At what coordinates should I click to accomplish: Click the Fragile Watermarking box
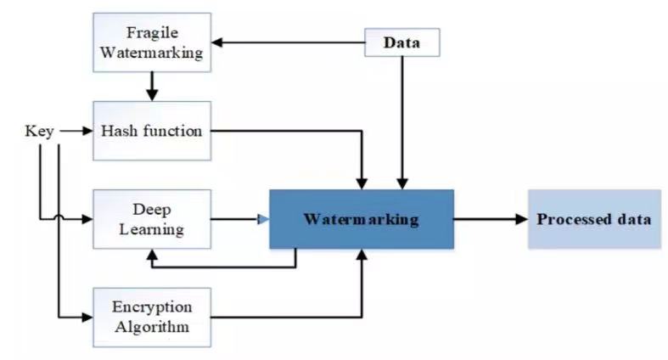pos(152,42)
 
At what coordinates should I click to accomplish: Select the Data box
pos(402,42)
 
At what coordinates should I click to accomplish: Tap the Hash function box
pos(152,131)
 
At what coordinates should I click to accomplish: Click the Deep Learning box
pos(152,219)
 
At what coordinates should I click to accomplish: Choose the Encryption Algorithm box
pos(152,318)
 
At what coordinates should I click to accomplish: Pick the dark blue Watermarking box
pos(362,219)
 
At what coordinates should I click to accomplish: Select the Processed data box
pos(595,219)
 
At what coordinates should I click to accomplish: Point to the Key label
pos(39,131)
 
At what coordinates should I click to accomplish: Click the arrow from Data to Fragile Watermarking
pos(289,42)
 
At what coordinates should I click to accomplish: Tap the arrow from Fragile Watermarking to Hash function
pos(152,87)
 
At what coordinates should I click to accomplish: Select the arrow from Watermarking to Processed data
pos(491,219)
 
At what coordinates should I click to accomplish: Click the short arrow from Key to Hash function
pos(76,131)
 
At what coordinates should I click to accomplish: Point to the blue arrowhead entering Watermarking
pos(264,219)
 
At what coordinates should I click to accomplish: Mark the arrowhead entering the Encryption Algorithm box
pos(87,318)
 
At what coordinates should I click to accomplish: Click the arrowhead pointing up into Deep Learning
pos(152,255)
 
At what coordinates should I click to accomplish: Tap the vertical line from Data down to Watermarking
pos(402,123)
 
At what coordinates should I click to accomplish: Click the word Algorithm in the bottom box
pos(152,327)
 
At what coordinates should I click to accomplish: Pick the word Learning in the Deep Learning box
pos(152,229)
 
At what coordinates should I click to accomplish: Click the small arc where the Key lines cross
pos(59,217)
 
